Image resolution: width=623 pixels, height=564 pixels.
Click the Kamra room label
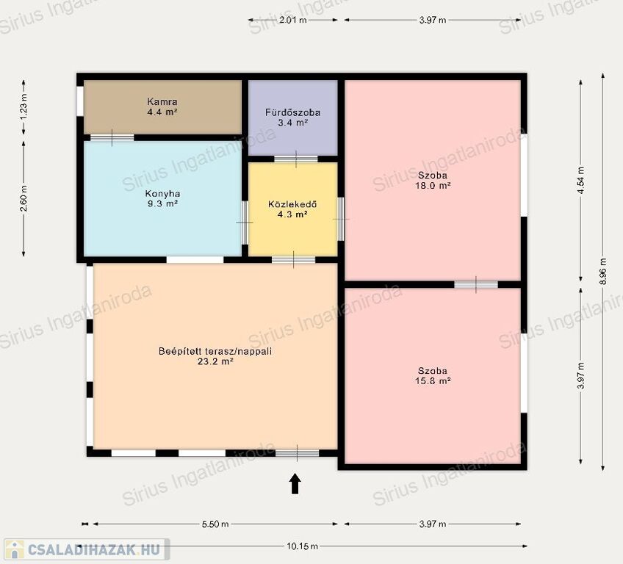[x=162, y=101]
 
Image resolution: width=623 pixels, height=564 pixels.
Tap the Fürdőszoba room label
[x=293, y=112]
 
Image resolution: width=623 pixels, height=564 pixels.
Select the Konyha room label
[x=162, y=194]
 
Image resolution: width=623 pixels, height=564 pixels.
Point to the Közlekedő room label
[x=292, y=205]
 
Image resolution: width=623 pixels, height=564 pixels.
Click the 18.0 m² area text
[x=433, y=185]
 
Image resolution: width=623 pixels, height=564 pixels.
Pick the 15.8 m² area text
[x=433, y=380]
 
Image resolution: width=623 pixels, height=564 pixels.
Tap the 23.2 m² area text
[x=215, y=361]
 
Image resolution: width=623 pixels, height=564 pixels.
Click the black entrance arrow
[x=295, y=483]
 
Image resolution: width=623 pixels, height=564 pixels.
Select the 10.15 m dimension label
[x=303, y=546]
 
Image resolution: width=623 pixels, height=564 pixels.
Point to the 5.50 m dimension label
[x=215, y=524]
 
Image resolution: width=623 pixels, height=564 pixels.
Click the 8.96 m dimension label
[x=603, y=271]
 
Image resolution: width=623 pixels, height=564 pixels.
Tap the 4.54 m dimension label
[x=581, y=181]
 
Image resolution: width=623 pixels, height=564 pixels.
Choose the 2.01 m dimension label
[x=293, y=20]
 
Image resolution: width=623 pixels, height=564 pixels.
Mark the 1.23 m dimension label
[x=24, y=106]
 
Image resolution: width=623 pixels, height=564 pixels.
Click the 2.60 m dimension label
[x=24, y=198]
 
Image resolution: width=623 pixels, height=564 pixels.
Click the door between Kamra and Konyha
[x=112, y=138]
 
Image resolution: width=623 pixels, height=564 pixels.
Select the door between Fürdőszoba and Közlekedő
[x=296, y=159]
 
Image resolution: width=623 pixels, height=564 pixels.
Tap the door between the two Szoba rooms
[x=476, y=284]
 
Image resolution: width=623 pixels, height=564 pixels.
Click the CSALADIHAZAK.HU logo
[x=87, y=549]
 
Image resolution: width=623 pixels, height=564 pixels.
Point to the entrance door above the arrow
[x=298, y=453]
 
